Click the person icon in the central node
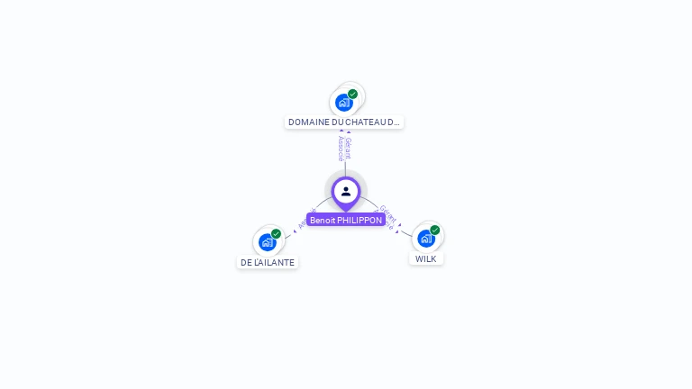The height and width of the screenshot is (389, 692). pyautogui.click(x=346, y=191)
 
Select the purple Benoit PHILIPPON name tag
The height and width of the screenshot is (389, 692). pyautogui.click(x=346, y=220)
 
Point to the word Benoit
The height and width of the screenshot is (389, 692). pyautogui.click(x=323, y=220)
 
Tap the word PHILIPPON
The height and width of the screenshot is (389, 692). pyautogui.click(x=360, y=220)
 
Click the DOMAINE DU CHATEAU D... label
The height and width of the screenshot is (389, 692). pyautogui.click(x=344, y=122)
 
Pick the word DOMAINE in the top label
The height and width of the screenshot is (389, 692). pyautogui.click(x=307, y=122)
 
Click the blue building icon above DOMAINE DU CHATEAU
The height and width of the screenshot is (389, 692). pyautogui.click(x=343, y=103)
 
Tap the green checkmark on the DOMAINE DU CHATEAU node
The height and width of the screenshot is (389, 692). pyautogui.click(x=353, y=94)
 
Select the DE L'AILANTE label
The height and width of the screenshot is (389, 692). pyautogui.click(x=268, y=262)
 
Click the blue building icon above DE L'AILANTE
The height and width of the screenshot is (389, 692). pyautogui.click(x=267, y=242)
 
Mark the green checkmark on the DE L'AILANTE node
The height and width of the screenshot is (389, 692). pyautogui.click(x=277, y=233)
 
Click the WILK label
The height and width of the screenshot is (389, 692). pyautogui.click(x=426, y=258)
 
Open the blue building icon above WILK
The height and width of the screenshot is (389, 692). pyautogui.click(x=425, y=239)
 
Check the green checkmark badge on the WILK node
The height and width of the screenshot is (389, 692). pyautogui.click(x=435, y=230)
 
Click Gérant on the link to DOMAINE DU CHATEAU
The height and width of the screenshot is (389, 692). pyautogui.click(x=349, y=148)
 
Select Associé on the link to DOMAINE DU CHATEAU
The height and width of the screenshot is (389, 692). pyautogui.click(x=341, y=148)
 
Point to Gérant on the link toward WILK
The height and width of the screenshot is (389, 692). pyautogui.click(x=388, y=213)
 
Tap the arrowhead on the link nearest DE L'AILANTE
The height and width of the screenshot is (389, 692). pyautogui.click(x=295, y=231)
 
